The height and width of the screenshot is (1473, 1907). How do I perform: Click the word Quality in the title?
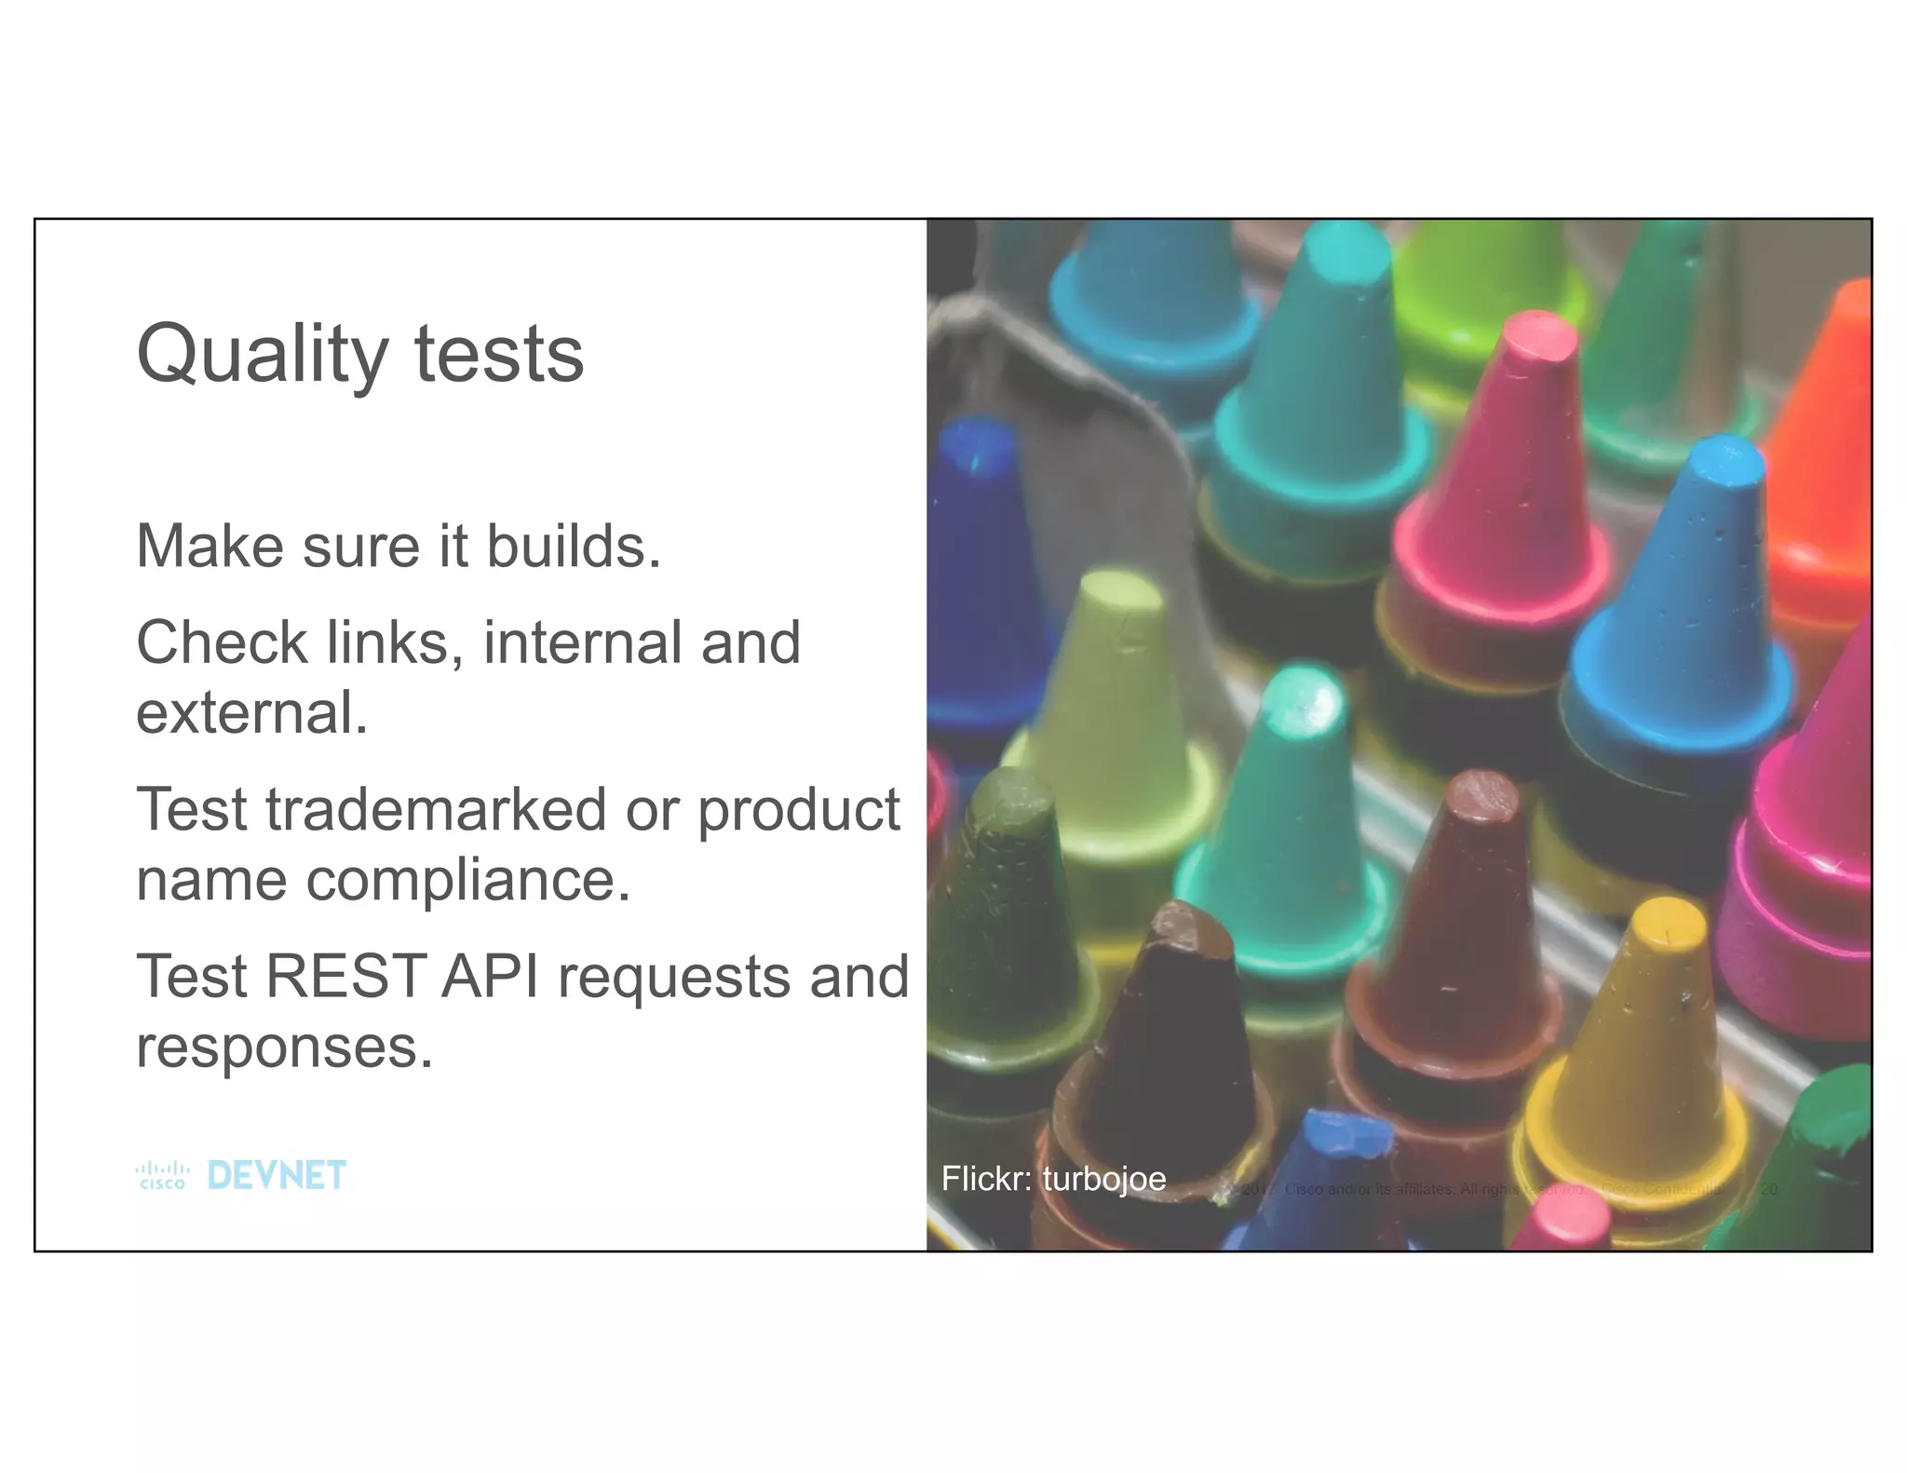pyautogui.click(x=262, y=356)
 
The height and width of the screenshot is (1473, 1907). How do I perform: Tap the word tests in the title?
pyautogui.click(x=499, y=356)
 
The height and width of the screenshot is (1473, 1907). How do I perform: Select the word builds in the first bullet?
pyautogui.click(x=573, y=547)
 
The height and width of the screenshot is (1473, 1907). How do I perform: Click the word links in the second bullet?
pyautogui.click(x=392, y=643)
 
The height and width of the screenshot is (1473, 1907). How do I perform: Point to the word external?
pyautogui.click(x=251, y=713)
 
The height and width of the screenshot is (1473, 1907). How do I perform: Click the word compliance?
pyautogui.click(x=468, y=880)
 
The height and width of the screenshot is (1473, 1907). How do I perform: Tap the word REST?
pyautogui.click(x=345, y=977)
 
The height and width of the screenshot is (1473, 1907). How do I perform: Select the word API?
pyautogui.click(x=491, y=977)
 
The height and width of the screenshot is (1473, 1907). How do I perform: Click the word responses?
pyautogui.click(x=284, y=1047)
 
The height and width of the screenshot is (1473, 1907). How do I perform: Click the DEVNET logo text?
pyautogui.click(x=277, y=1176)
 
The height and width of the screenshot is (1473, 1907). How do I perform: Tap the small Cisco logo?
pyautogui.click(x=163, y=1176)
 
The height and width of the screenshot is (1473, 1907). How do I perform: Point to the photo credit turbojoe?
pyautogui.click(x=1103, y=1180)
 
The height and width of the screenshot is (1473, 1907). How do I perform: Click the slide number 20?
pyautogui.click(x=1768, y=1190)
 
